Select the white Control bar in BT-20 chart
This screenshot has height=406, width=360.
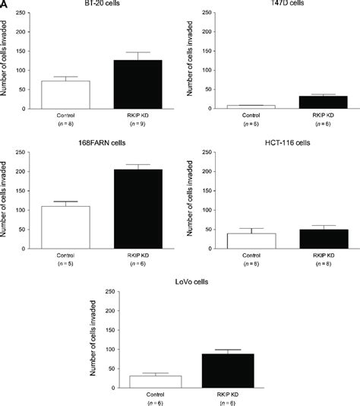[66, 95]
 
